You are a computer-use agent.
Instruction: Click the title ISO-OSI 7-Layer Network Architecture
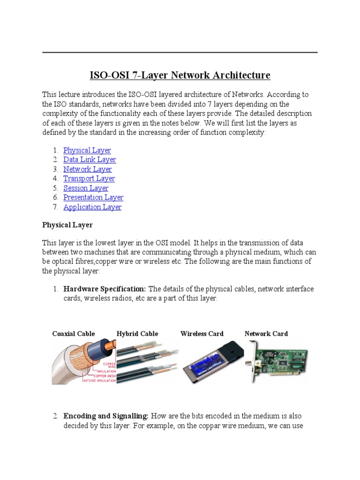click(180, 75)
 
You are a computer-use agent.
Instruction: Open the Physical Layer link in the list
click(87, 150)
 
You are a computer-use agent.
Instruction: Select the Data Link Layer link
click(90, 160)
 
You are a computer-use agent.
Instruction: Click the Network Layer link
click(88, 169)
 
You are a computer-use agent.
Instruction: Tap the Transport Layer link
click(89, 179)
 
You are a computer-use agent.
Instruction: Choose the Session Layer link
click(86, 188)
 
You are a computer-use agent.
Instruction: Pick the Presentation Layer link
click(93, 197)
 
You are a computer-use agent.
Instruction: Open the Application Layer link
click(92, 207)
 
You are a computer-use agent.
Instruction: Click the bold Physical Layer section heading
click(67, 225)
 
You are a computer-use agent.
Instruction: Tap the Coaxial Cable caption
click(74, 334)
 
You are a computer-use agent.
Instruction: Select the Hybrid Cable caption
click(137, 334)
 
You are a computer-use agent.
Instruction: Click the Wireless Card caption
click(202, 334)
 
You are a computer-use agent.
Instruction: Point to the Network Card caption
click(266, 334)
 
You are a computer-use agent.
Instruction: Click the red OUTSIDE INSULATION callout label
click(99, 380)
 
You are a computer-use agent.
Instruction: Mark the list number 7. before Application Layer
click(55, 207)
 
